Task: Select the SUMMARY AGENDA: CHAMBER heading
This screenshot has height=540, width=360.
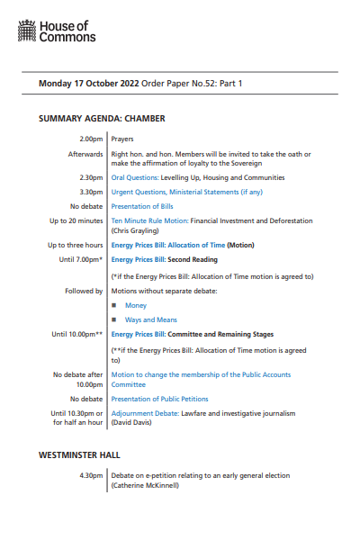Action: click(102, 118)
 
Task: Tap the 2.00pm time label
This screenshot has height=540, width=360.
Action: click(91, 139)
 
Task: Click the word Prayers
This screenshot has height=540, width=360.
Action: click(122, 139)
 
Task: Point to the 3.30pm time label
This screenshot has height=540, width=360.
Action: click(91, 192)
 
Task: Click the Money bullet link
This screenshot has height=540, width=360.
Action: click(135, 306)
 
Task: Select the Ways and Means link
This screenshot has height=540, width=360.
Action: click(150, 319)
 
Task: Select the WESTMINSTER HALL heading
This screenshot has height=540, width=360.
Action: click(79, 455)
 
